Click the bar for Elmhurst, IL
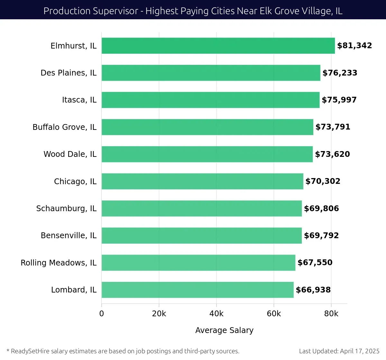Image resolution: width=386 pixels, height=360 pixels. pyautogui.click(x=218, y=46)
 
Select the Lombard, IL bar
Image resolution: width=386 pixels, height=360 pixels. pyautogui.click(x=198, y=290)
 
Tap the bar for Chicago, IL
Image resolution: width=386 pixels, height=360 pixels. pyautogui.click(x=202, y=181)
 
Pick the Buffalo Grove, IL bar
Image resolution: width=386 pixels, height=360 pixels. pyautogui.click(x=207, y=127)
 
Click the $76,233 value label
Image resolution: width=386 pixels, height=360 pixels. pyautogui.click(x=340, y=73)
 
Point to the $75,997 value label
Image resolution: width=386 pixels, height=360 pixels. pyautogui.click(x=339, y=100)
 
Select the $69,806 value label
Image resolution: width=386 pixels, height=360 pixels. pyautogui.click(x=321, y=209)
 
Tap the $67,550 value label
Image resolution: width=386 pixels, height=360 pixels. pyautogui.click(x=315, y=263)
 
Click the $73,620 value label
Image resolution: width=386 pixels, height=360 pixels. pyautogui.click(x=332, y=154)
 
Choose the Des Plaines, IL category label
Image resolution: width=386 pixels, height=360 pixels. pyautogui.click(x=69, y=73)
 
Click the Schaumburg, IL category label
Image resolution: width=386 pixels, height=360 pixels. pyautogui.click(x=66, y=209)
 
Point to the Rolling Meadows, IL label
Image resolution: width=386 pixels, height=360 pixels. pyautogui.click(x=59, y=263)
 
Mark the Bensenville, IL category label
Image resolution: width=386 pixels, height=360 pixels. pyautogui.click(x=69, y=236)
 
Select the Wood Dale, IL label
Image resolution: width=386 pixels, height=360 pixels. pyautogui.click(x=70, y=154)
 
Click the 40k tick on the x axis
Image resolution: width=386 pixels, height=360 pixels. pyautogui.click(x=216, y=314)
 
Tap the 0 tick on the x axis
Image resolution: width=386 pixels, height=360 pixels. pyautogui.click(x=102, y=314)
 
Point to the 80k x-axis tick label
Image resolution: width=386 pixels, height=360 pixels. pyautogui.click(x=331, y=314)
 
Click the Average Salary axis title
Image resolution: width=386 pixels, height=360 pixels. pyautogui.click(x=224, y=330)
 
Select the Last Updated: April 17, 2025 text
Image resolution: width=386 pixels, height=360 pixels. pyautogui.click(x=339, y=351)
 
